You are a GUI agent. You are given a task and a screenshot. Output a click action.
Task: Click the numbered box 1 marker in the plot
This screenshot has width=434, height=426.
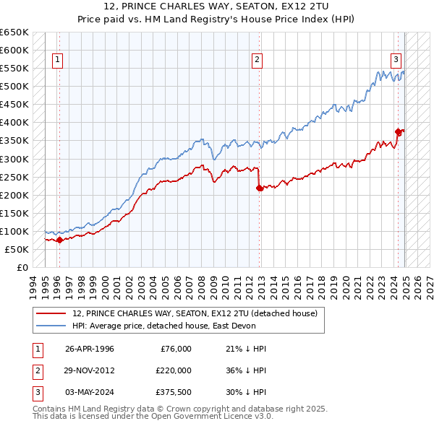pyautogui.click(x=57, y=61)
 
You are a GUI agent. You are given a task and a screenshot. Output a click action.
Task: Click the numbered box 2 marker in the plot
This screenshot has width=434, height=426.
pyautogui.click(x=257, y=61)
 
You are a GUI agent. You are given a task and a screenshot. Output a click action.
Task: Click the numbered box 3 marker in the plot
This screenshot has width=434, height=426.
pyautogui.click(x=396, y=61)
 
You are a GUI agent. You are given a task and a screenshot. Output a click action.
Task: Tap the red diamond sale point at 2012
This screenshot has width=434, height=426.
pyautogui.click(x=260, y=188)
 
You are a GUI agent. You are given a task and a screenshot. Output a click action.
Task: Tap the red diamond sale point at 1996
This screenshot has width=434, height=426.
pyautogui.click(x=59, y=240)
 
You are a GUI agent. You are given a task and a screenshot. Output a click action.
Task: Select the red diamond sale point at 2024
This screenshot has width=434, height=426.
pyautogui.click(x=399, y=131)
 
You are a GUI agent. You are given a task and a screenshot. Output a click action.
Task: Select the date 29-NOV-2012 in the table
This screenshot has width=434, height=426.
pyautogui.click(x=90, y=370)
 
